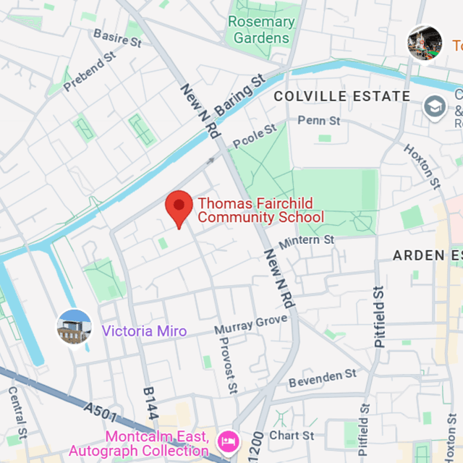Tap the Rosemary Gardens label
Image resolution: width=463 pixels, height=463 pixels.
(x=261, y=30)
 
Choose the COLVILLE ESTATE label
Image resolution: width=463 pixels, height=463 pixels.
(x=342, y=96)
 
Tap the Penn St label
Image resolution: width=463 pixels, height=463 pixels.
(x=318, y=121)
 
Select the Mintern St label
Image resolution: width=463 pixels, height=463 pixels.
(x=307, y=240)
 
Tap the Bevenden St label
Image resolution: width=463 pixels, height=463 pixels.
(x=323, y=378)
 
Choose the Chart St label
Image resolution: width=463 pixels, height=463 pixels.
(x=292, y=435)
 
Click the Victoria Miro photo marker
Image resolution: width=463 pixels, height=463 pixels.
(x=75, y=327)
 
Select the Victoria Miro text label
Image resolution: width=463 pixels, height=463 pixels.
(x=144, y=331)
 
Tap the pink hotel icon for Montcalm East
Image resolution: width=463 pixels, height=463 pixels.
(x=229, y=440)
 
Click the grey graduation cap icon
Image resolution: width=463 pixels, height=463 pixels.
(x=435, y=107)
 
